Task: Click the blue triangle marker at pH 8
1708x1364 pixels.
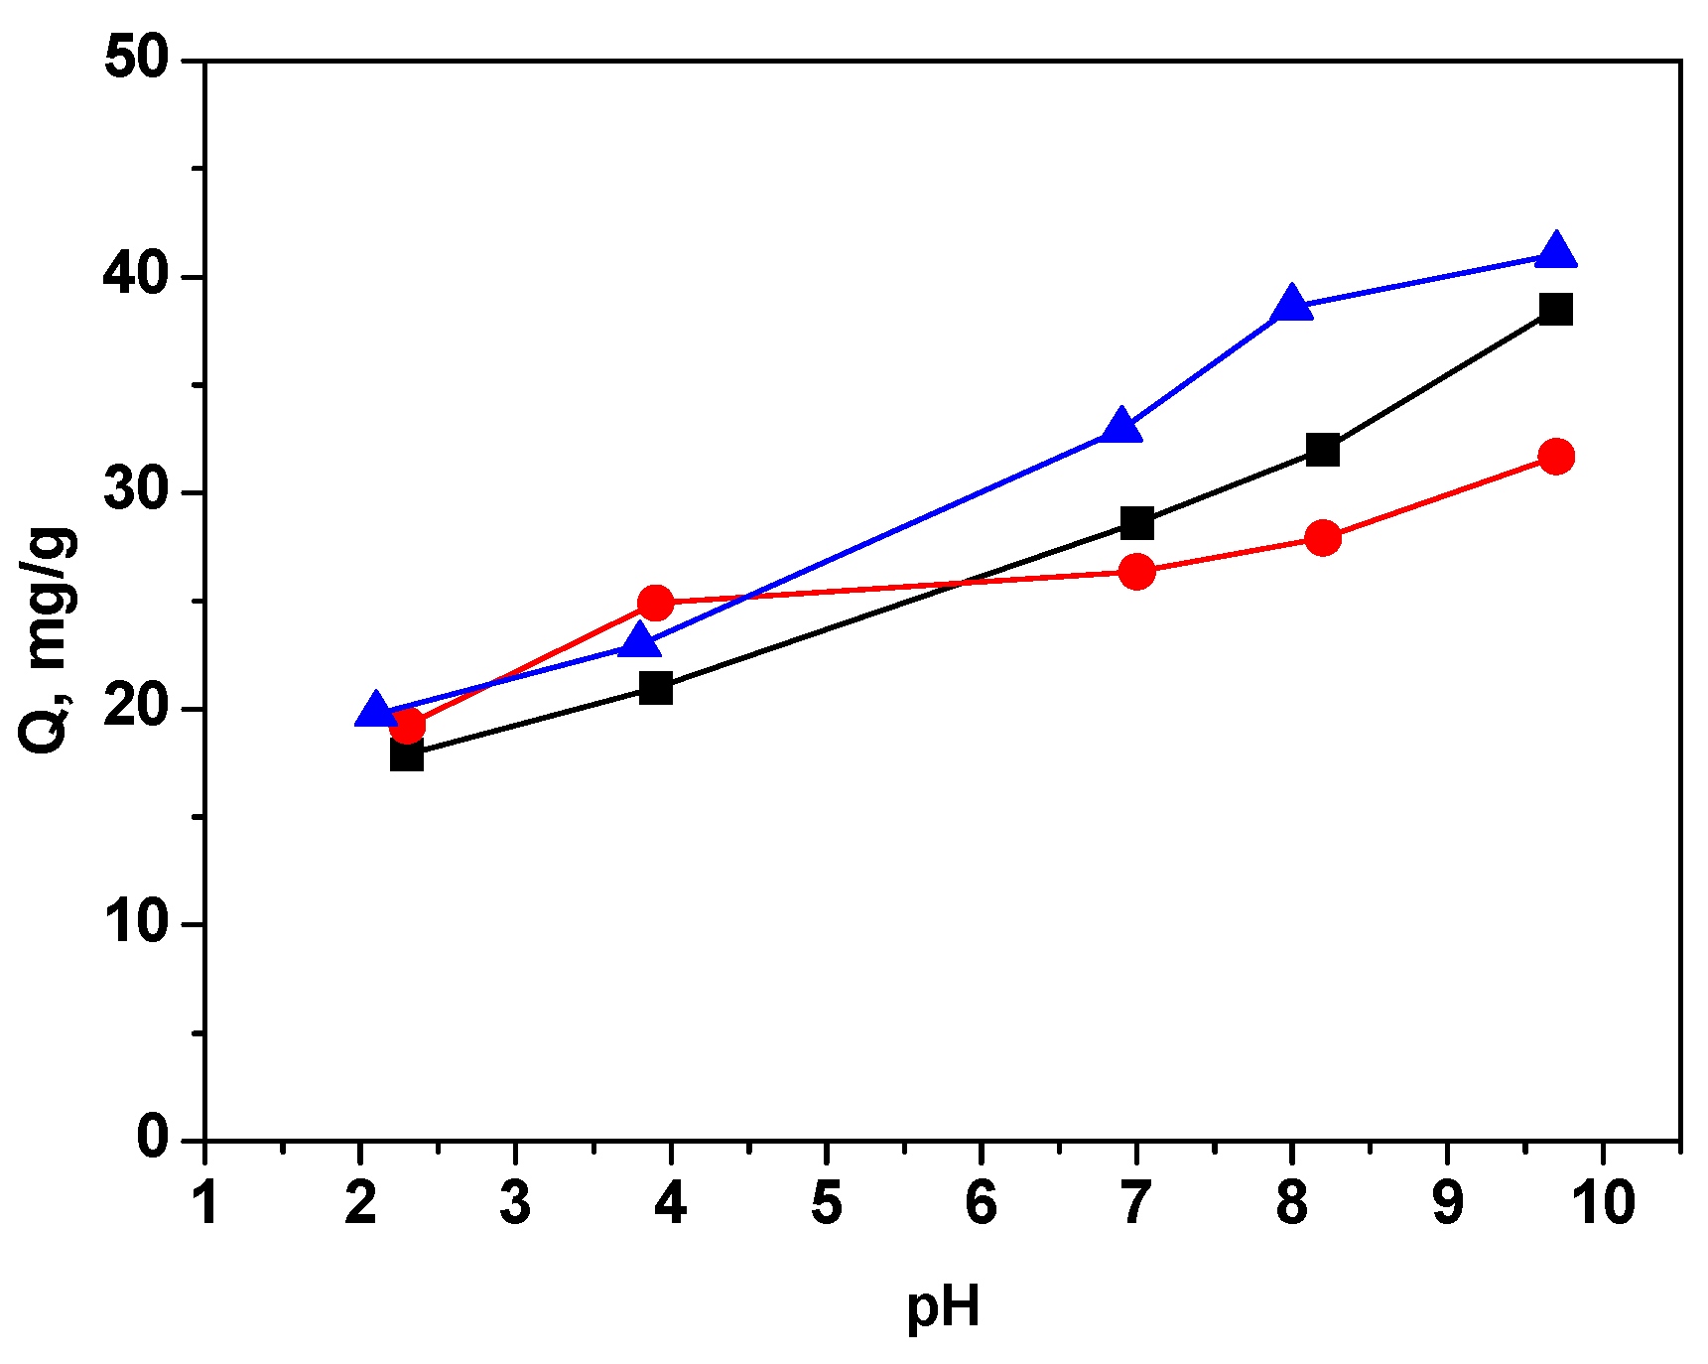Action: coord(1291,304)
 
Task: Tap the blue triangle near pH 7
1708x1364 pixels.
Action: coord(1120,427)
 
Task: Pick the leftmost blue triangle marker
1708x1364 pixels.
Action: coord(375,711)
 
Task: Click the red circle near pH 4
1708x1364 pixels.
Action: coord(656,602)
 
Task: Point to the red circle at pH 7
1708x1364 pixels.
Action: coord(1136,571)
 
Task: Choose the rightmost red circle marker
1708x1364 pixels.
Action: coord(1555,457)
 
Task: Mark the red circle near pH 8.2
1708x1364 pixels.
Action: coord(1322,538)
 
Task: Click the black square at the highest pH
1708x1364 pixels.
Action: coord(1555,309)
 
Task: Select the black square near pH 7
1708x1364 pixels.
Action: coord(1136,522)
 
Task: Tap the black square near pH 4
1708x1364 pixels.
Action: coord(656,687)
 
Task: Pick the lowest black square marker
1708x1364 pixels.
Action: coord(407,755)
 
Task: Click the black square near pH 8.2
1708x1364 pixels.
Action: coord(1322,450)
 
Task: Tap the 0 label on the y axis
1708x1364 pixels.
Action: coord(154,1140)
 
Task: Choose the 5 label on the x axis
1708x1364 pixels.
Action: coord(826,1203)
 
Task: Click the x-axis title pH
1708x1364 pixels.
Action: coord(943,1308)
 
